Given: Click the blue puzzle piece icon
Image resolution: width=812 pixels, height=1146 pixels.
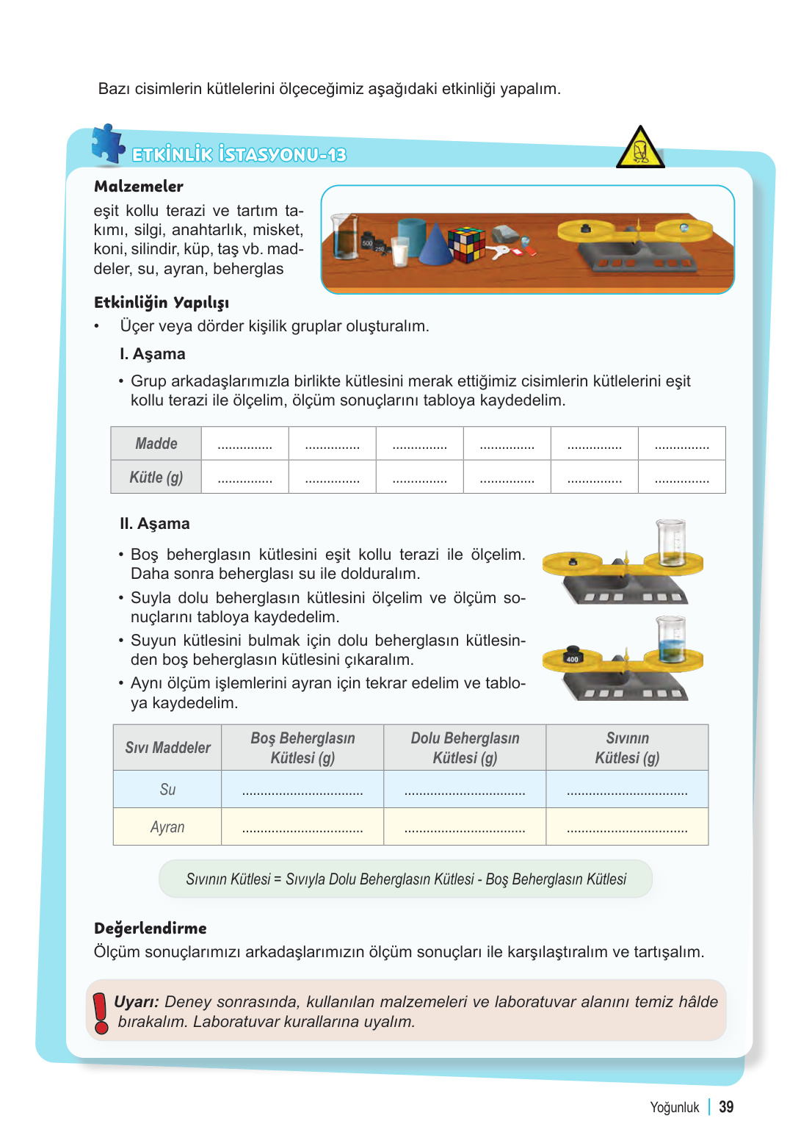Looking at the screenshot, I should coord(108,143).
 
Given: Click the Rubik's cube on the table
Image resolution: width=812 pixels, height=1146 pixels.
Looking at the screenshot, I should coord(467,244).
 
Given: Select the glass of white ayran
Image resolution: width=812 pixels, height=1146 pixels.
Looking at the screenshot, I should coord(400,251).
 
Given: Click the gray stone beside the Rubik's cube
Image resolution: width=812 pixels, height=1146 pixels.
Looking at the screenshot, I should coord(505,234).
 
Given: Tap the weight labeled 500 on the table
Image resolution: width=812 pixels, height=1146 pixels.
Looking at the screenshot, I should coord(368,243).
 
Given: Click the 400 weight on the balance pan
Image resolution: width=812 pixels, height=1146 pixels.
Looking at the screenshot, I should coord(573,655).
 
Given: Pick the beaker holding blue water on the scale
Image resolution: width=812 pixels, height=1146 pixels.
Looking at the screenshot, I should coord(671,639).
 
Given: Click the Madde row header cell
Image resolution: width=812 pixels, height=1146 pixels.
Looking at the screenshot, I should coord(156,444).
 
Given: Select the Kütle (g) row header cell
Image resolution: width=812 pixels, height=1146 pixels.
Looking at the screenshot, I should coord(156,478).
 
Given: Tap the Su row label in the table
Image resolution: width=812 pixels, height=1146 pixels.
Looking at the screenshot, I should coord(167,790).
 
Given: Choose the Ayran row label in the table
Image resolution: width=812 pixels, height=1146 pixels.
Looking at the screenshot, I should coord(167,827).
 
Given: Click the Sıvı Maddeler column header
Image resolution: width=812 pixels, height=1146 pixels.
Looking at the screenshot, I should coord(167,748).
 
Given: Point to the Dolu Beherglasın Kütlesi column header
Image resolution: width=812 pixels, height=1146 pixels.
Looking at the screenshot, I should coord(465,748).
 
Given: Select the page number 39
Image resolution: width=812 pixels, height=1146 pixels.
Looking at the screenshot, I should coord(726,1107).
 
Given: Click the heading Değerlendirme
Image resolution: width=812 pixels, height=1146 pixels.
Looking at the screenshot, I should coord(151,929).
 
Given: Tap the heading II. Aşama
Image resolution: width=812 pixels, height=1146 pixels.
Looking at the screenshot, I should coord(155,524).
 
